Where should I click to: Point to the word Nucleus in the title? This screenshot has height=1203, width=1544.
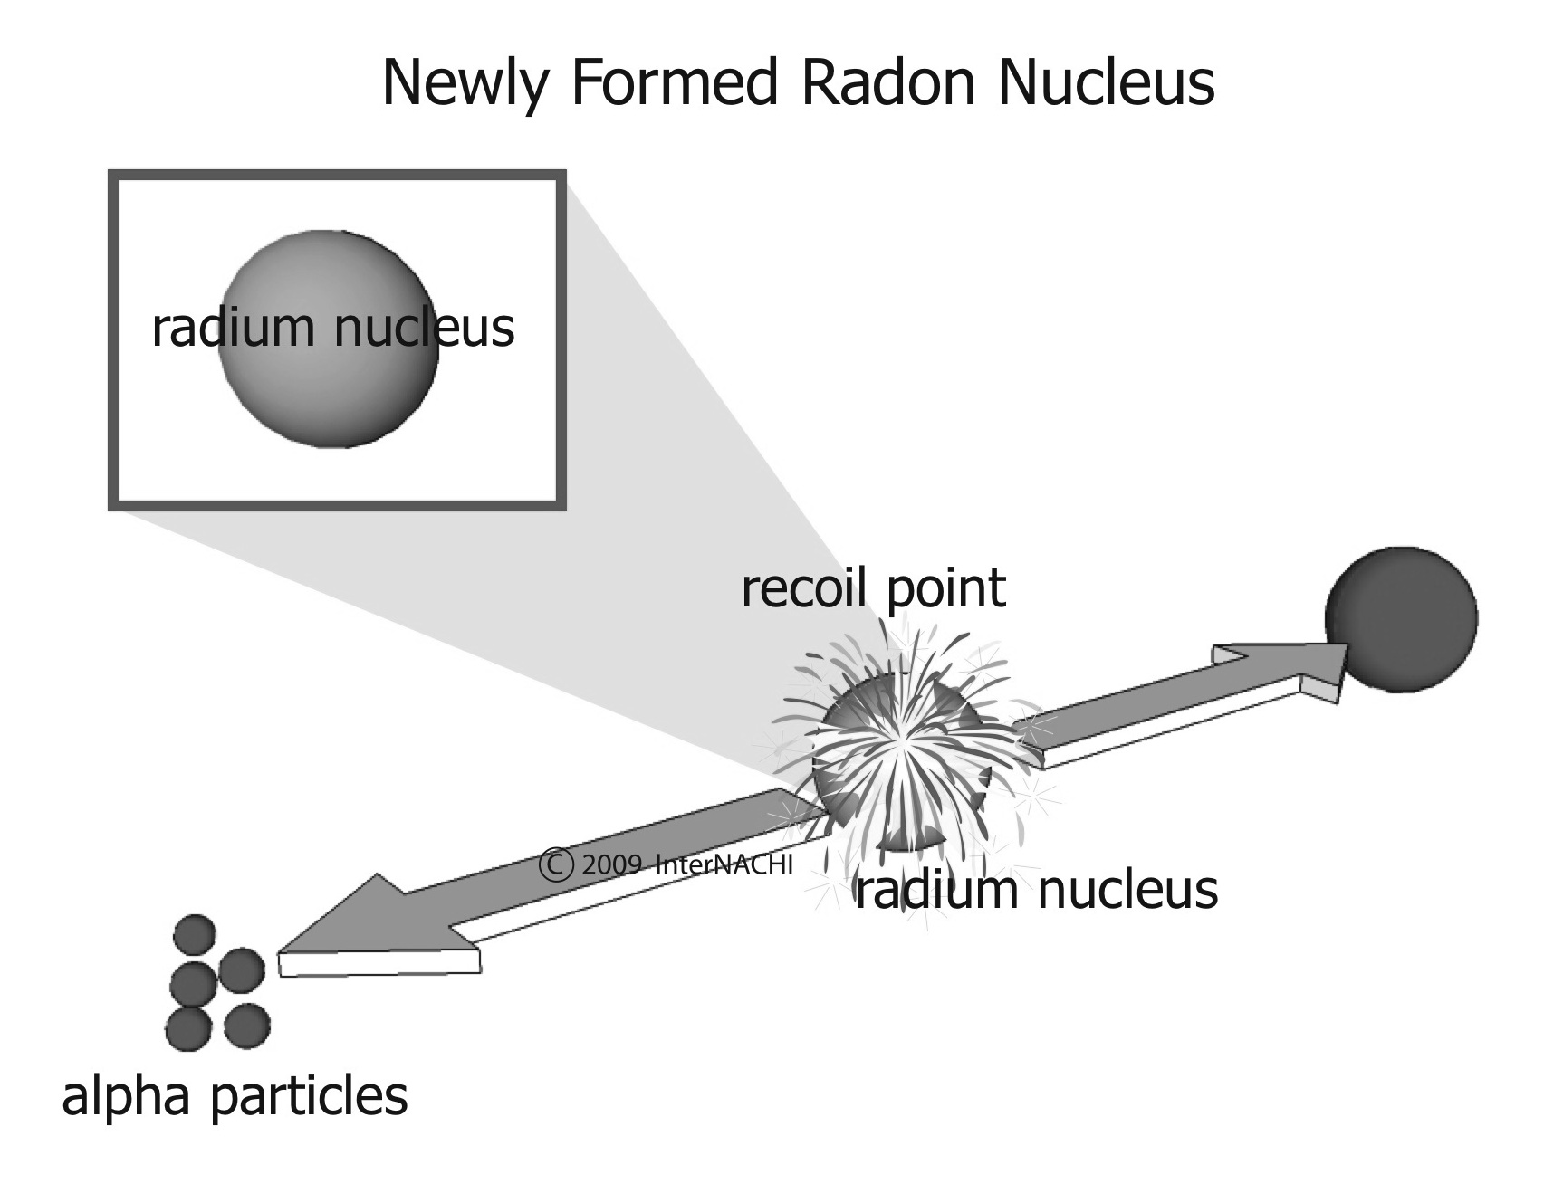(x=1106, y=83)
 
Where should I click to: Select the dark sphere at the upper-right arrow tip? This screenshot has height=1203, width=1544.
(x=1401, y=619)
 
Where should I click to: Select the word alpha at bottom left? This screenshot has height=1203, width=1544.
(x=127, y=1097)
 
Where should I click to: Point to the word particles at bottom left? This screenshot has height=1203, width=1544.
(x=309, y=1097)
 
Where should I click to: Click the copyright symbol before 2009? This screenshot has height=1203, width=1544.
(x=556, y=864)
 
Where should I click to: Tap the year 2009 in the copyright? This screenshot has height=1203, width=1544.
(x=612, y=864)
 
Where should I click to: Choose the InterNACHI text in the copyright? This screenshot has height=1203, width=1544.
(x=724, y=864)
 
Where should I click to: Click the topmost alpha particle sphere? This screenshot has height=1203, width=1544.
(x=195, y=934)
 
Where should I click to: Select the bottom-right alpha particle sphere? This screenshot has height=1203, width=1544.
(x=247, y=1026)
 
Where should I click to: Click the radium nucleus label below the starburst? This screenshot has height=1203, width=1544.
(x=1037, y=891)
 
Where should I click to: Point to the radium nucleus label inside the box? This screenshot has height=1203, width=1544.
(x=333, y=328)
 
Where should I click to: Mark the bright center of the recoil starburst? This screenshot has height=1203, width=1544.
(x=901, y=742)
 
